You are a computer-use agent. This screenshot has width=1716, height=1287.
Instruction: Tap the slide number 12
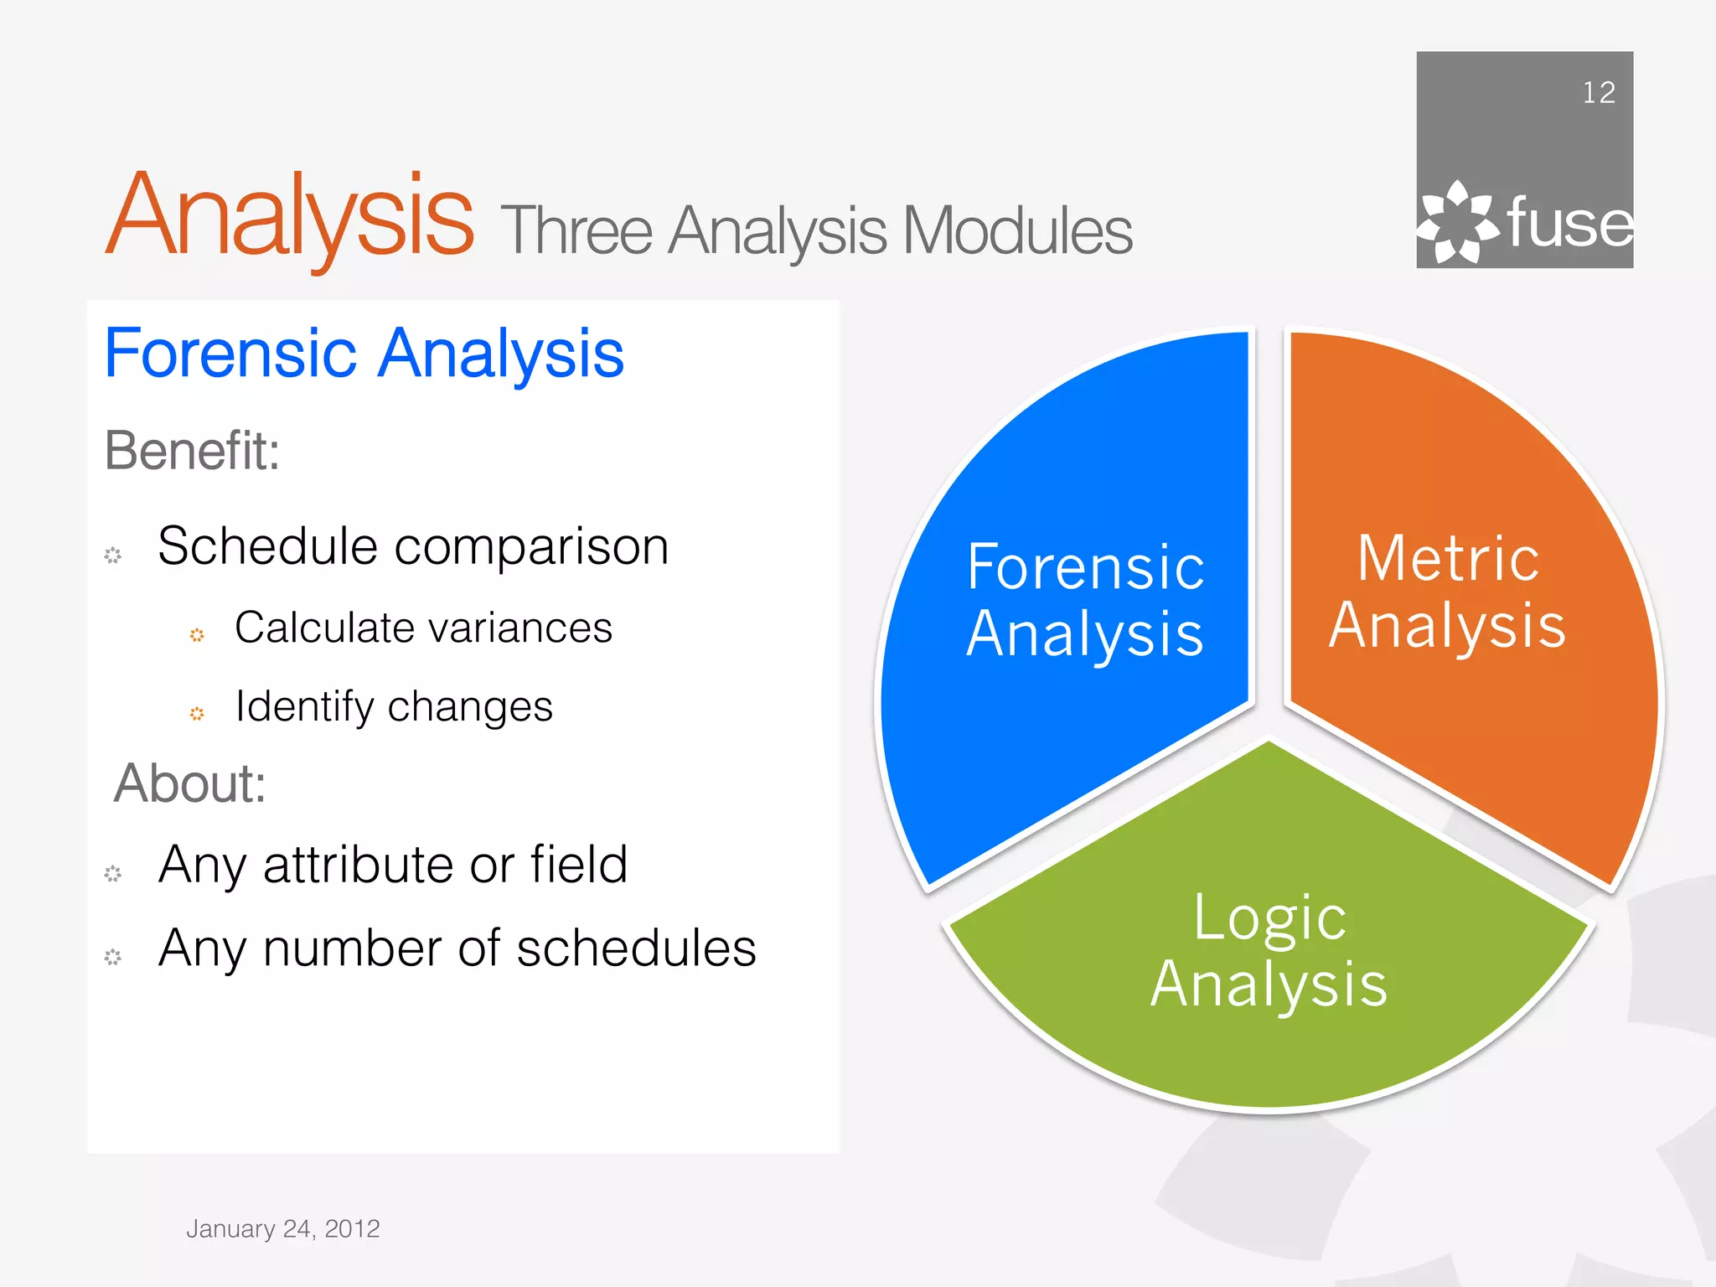click(1598, 92)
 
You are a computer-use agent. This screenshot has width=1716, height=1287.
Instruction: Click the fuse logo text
click(1569, 224)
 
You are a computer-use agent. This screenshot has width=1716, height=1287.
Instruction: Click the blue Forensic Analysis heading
click(364, 354)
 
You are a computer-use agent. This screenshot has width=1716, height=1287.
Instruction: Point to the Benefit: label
click(192, 451)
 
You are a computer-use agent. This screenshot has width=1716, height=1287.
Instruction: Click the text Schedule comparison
click(413, 546)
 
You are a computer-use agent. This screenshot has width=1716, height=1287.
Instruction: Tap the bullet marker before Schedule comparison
click(113, 555)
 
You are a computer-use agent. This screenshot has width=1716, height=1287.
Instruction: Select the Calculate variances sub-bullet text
click(423, 628)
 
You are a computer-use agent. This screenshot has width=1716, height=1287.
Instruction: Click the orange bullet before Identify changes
click(197, 714)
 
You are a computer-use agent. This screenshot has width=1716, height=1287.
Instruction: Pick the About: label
click(190, 783)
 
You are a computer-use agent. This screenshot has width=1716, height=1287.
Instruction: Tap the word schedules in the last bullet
click(636, 948)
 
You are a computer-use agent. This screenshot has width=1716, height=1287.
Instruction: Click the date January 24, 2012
click(282, 1228)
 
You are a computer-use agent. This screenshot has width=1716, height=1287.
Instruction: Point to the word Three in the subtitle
click(576, 231)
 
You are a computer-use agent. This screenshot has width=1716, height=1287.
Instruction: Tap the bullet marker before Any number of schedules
click(113, 957)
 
